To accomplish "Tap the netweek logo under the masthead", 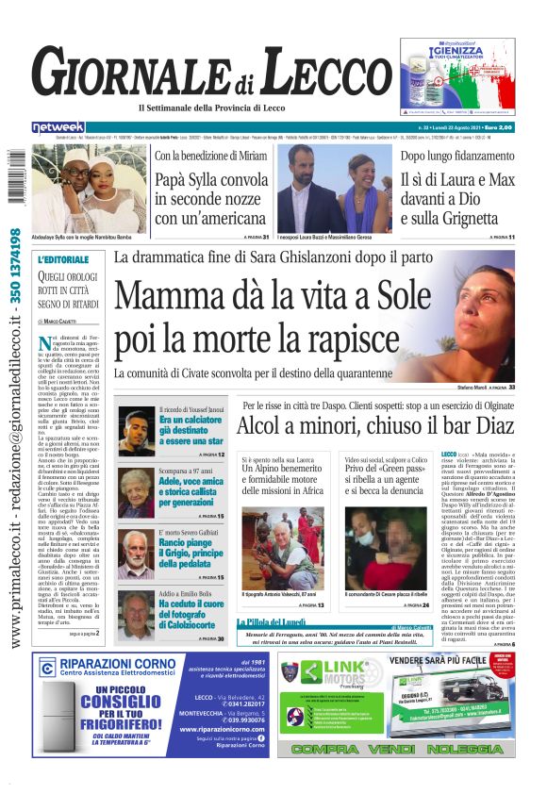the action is click(58, 126).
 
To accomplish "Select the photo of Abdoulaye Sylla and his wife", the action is click(90, 189).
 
